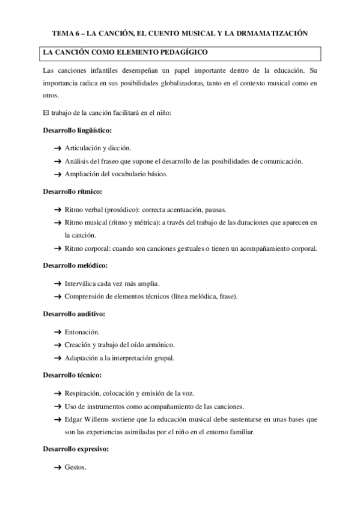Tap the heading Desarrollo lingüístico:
point(78,130)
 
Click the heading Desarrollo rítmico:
point(72,192)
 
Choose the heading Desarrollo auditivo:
point(74,313)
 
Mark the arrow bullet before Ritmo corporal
point(58,248)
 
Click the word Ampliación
point(83,174)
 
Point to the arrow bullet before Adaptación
point(58,358)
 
